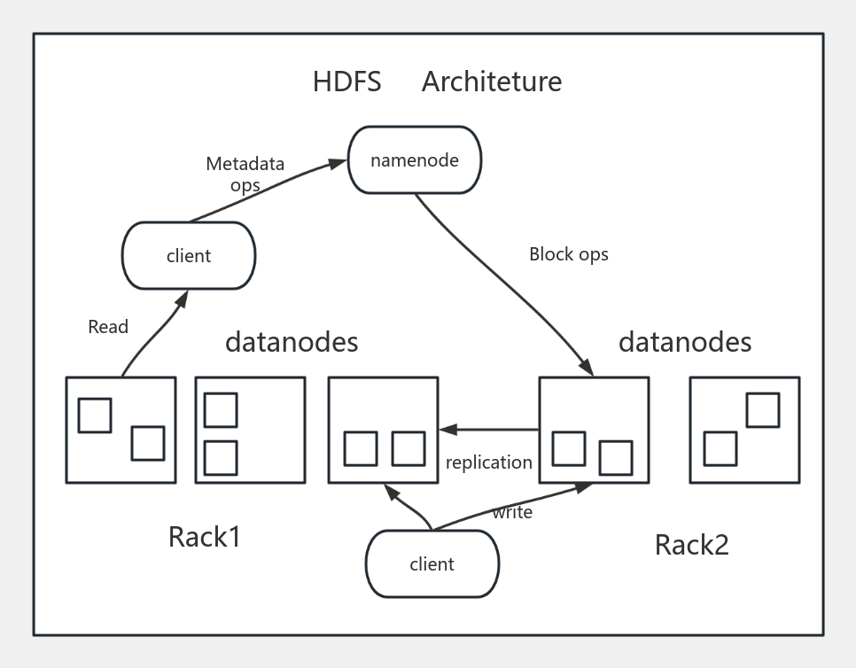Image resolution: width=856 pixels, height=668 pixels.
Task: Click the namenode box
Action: tap(415, 160)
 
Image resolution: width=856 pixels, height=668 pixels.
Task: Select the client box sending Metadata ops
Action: tap(189, 256)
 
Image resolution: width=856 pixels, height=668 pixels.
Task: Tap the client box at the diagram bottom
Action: tap(432, 563)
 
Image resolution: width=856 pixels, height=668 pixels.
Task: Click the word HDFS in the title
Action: tap(346, 82)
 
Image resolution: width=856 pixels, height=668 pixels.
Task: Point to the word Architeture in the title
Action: tap(491, 82)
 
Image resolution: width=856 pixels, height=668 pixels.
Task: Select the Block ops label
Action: tap(568, 254)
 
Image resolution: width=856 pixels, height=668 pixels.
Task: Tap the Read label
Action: tap(108, 327)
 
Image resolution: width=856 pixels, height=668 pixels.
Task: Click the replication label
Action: tap(488, 462)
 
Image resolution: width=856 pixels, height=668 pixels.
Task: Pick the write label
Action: tap(512, 512)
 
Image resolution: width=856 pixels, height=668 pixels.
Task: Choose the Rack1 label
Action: tap(204, 537)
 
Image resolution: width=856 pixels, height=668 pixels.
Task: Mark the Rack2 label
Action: tap(691, 544)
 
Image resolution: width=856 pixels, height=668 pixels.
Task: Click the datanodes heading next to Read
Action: tap(292, 342)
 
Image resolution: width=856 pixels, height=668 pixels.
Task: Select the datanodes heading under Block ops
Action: tap(684, 342)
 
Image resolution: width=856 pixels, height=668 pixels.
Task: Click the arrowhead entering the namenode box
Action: tap(338, 162)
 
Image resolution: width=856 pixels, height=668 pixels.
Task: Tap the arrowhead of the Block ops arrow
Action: tap(587, 369)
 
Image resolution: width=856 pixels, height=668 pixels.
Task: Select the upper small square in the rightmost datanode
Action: tap(762, 410)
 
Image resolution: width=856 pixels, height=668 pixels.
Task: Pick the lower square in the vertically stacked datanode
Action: tap(221, 457)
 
